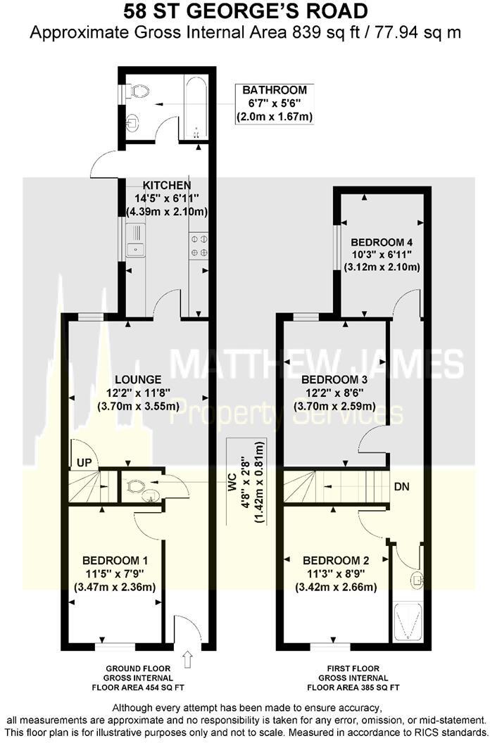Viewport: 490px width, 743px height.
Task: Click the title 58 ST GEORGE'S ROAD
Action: pyautogui.click(x=245, y=12)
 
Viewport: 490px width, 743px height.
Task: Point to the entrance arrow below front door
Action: pyautogui.click(x=188, y=659)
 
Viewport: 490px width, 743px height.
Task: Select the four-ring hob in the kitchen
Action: pyautogui.click(x=198, y=246)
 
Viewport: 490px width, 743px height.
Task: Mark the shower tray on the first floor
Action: pyautogui.click(x=408, y=621)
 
